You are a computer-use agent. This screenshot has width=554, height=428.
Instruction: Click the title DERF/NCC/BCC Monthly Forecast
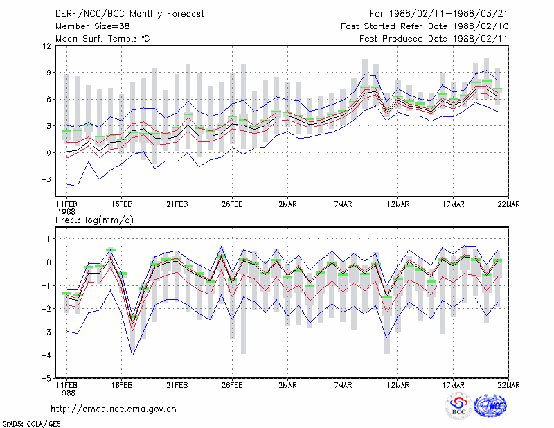pyautogui.click(x=129, y=14)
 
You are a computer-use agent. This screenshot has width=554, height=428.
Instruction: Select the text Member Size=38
pyautogui.click(x=93, y=26)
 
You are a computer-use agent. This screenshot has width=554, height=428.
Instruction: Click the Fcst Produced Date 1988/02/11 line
pyautogui.click(x=434, y=39)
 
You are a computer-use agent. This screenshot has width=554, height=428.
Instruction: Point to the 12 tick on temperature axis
pyautogui.click(x=47, y=46)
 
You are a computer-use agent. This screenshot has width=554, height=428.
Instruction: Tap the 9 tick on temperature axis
pyautogui.click(x=48, y=73)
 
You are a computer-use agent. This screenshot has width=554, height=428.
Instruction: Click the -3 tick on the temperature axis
pyautogui.click(x=46, y=179)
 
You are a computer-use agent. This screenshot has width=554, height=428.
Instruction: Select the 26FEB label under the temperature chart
pyautogui.click(x=232, y=204)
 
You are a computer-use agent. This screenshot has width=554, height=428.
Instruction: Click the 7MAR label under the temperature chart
pyautogui.click(x=343, y=204)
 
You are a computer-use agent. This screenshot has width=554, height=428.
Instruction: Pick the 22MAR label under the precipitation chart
pyautogui.click(x=508, y=385)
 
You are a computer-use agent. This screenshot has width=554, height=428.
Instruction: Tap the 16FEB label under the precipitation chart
pyautogui.click(x=122, y=385)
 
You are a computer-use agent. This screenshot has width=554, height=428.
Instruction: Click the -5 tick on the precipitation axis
pyautogui.click(x=46, y=378)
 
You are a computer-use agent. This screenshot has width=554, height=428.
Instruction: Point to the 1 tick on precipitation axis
pyautogui.click(x=49, y=239)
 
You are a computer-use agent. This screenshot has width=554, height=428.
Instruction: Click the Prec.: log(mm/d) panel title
pyautogui.click(x=94, y=220)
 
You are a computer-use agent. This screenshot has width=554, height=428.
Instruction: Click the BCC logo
pyautogui.click(x=458, y=406)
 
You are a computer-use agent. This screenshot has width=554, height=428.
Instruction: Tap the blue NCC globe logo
pyautogui.click(x=490, y=406)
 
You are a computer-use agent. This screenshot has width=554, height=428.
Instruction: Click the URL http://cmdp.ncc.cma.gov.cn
pyautogui.click(x=114, y=409)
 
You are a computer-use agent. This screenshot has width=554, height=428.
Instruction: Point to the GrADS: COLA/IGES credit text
pyautogui.click(x=31, y=424)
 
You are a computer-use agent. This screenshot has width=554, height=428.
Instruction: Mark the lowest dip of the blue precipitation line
pyautogui.click(x=132, y=355)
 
